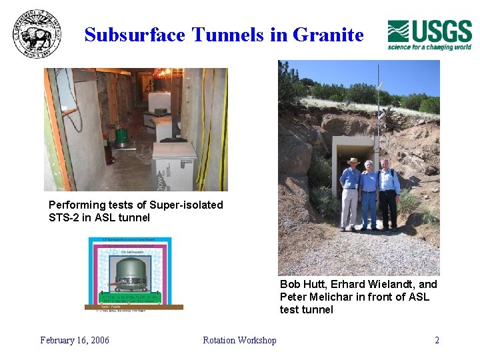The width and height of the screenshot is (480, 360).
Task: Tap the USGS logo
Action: tap(429, 35)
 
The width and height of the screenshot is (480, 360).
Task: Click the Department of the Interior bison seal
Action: tap(37, 35)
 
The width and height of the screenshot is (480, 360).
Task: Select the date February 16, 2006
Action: tap(75, 340)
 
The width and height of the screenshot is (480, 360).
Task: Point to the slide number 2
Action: tap(437, 340)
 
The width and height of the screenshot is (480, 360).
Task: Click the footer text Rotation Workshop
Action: tap(239, 340)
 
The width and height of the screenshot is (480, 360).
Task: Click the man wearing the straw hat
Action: tap(350, 193)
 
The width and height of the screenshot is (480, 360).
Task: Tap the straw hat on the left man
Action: tap(353, 161)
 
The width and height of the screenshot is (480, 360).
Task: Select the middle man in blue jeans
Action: tap(369, 197)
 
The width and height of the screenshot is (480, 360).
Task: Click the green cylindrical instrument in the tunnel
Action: tap(121, 135)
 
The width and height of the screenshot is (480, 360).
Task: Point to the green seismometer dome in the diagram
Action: tap(135, 274)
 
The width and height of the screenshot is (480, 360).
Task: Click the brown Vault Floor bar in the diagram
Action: tap(134, 307)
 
